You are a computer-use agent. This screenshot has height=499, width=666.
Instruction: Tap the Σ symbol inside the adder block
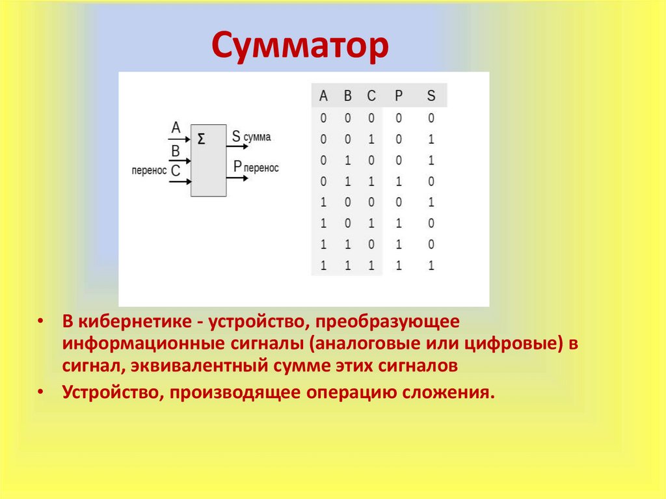pos(202,139)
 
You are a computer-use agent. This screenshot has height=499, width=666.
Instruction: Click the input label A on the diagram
pos(176,128)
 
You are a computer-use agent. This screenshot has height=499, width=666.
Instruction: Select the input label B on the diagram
pos(176,151)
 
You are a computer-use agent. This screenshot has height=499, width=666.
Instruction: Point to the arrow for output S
pos(237,146)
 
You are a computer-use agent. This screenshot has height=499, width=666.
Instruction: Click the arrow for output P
pos(237,178)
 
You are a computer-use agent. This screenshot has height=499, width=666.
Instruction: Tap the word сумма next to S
pos(257,137)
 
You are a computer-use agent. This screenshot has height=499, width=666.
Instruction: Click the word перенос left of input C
pos(149,171)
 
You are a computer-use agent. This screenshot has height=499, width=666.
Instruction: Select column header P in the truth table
pos(399,96)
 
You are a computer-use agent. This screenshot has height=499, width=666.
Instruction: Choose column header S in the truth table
pos(431,96)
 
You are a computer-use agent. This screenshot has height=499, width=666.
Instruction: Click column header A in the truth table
pos(323,96)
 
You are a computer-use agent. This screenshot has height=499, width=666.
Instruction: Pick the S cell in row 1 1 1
pos(431,265)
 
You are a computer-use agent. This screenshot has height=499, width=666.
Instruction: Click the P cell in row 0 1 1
pos(399,182)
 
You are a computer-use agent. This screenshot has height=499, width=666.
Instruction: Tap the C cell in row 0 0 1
pos(371,139)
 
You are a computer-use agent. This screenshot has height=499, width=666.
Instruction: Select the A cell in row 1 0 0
pos(323,202)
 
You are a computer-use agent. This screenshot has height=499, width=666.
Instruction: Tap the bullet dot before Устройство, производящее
pos(40,392)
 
